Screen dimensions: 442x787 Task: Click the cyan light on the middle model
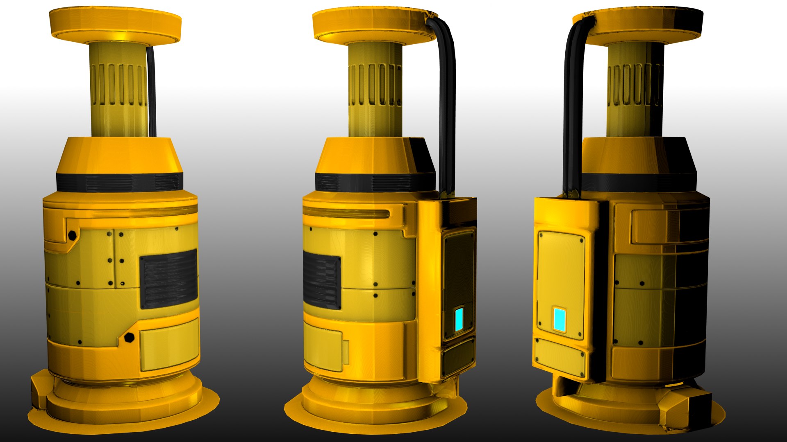point(459,320)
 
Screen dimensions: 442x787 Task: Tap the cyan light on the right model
point(559,320)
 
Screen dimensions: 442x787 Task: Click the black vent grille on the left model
point(168,279)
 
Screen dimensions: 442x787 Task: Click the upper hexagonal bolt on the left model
point(72,235)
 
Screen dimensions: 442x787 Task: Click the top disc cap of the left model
point(115,23)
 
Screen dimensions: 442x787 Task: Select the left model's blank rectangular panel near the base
point(169,344)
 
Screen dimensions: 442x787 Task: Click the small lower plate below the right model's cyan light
point(560,357)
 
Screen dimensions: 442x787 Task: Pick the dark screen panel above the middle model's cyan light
point(459,266)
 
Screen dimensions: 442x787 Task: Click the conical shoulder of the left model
point(119,156)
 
